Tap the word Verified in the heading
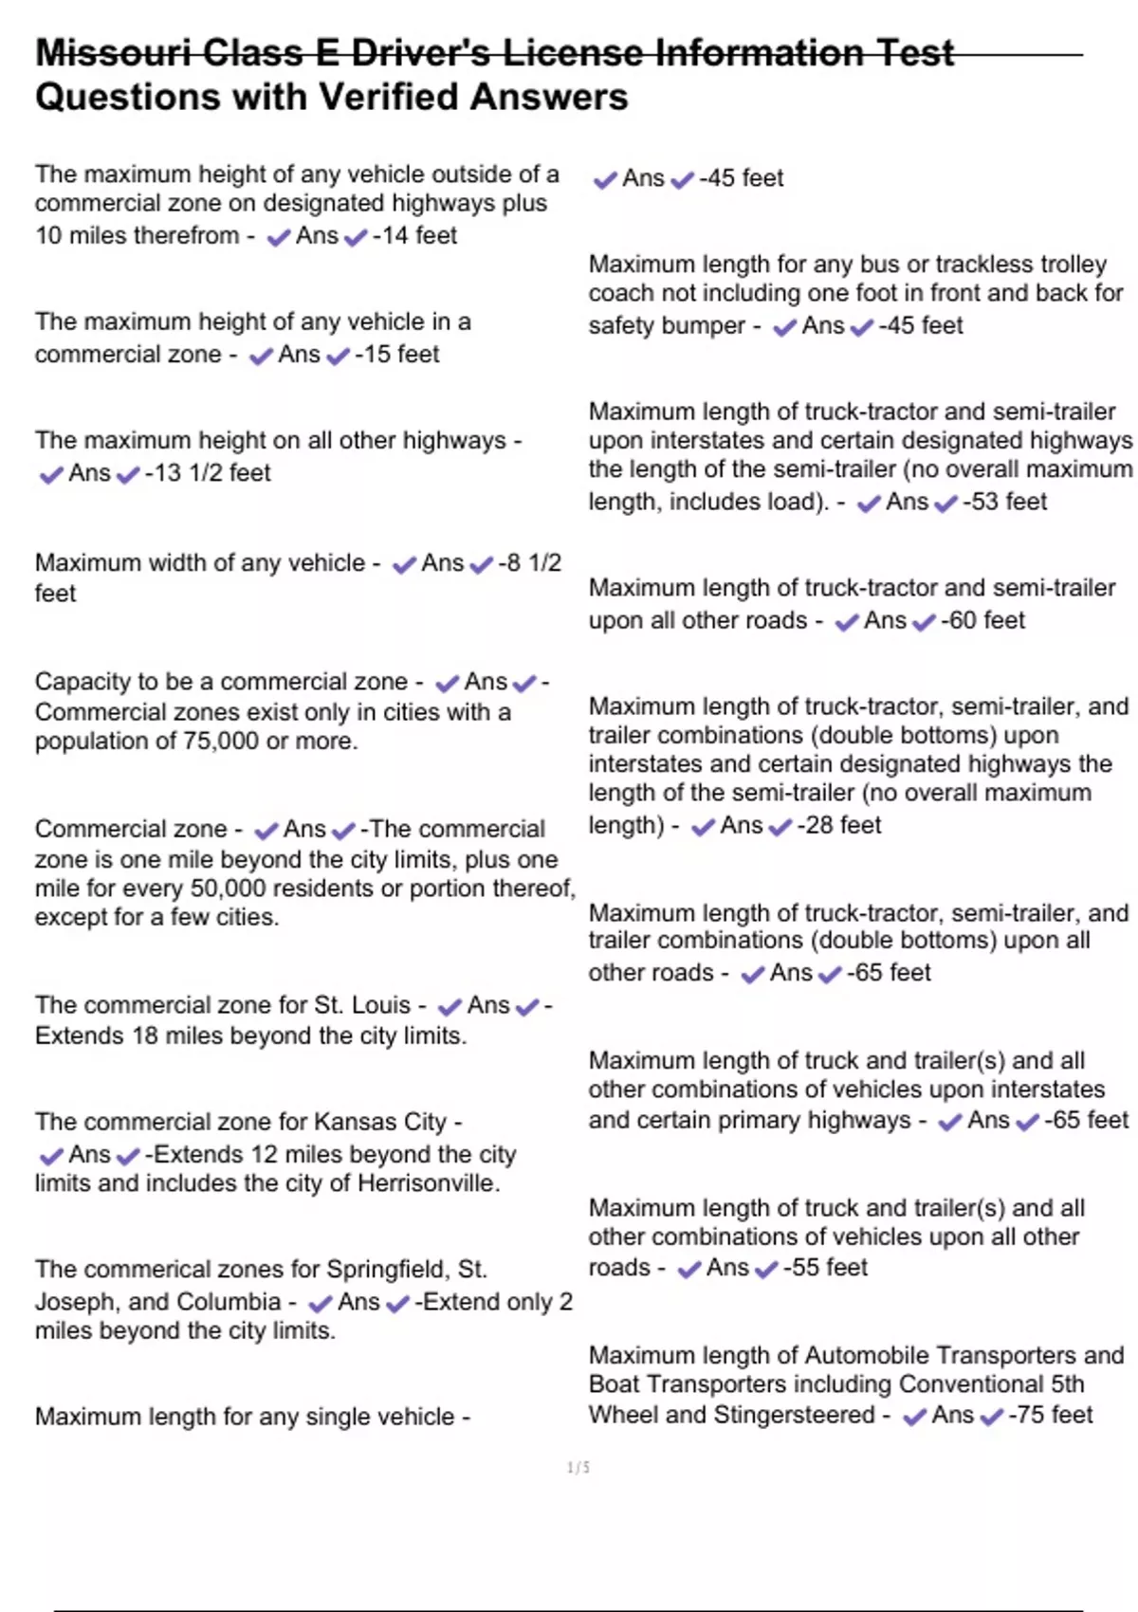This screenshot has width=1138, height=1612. [394, 97]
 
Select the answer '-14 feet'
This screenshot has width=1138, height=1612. [414, 235]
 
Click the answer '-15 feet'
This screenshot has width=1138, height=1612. [397, 354]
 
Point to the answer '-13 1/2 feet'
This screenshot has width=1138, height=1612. [208, 472]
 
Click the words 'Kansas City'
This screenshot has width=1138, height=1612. [379, 1122]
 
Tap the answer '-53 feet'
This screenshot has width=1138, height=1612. [1004, 502]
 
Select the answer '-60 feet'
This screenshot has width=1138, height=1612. [982, 620]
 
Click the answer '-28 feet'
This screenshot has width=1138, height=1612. [838, 825]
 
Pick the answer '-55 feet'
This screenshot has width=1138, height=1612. [825, 1267]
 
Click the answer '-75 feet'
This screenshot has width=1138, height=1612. [1050, 1415]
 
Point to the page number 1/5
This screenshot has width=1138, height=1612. [578, 1468]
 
